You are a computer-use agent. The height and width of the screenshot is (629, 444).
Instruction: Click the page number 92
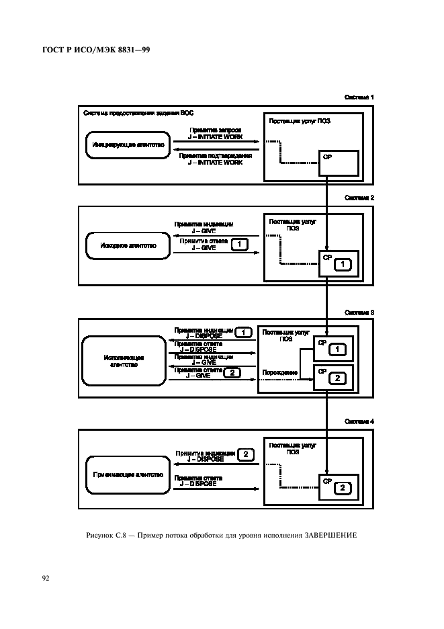(46, 577)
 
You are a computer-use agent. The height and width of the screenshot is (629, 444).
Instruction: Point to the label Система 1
(359, 97)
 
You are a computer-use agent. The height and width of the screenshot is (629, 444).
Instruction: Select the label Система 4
(359, 421)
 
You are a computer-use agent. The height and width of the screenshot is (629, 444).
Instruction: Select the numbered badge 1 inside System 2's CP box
(342, 265)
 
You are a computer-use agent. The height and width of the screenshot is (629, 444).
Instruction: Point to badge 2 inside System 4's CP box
(342, 487)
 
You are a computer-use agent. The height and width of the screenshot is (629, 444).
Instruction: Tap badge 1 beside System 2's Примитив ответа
(239, 245)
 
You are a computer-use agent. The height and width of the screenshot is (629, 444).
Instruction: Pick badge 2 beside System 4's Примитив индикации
(246, 455)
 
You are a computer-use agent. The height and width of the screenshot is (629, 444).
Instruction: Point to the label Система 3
(359, 312)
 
